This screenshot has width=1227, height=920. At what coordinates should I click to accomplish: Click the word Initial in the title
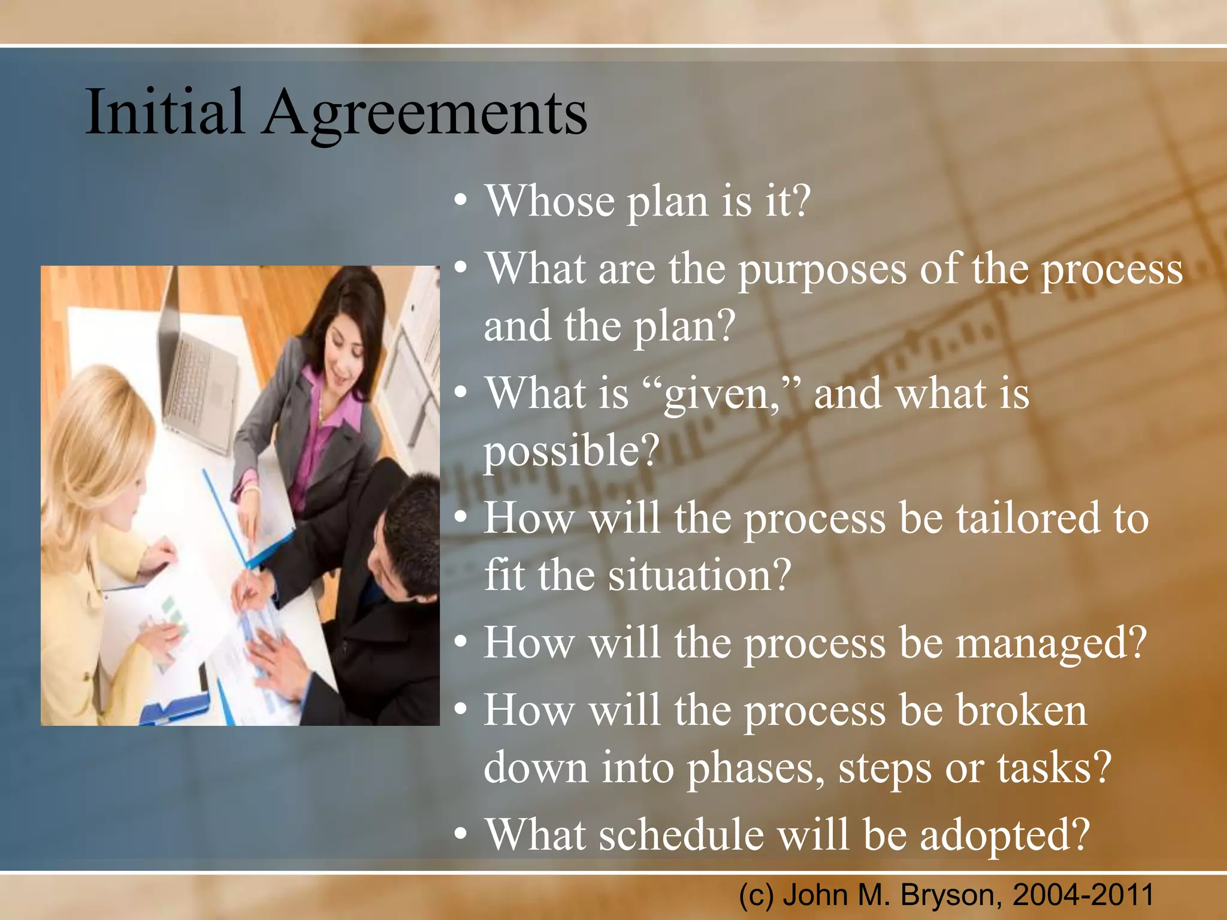pyautogui.click(x=165, y=112)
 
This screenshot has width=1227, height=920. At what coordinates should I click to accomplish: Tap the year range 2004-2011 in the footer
pyautogui.click(x=1083, y=895)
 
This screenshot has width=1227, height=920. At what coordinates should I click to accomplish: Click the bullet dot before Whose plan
pyautogui.click(x=460, y=202)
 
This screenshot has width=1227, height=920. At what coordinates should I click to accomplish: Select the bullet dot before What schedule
pyautogui.click(x=460, y=834)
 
